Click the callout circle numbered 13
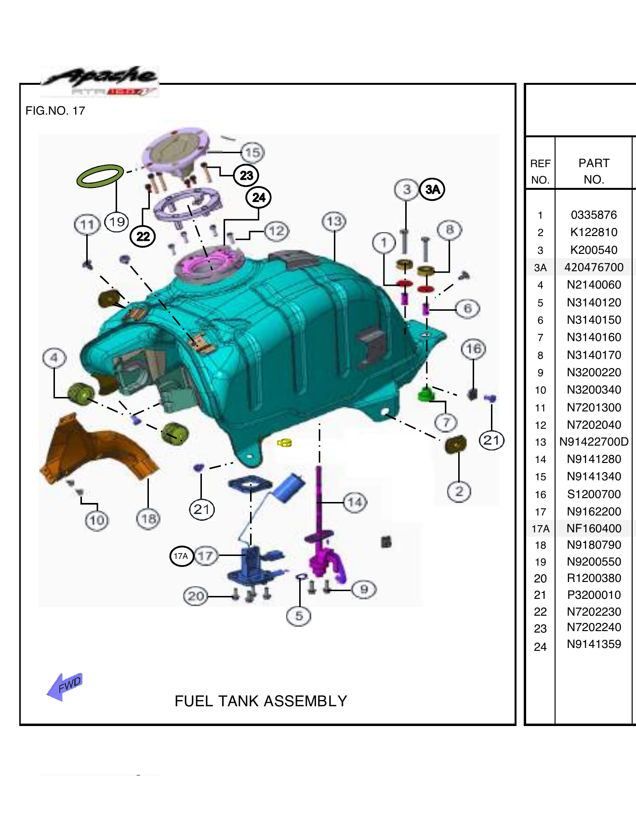[x=334, y=222]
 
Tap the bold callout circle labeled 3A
[x=432, y=189]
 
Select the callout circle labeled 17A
[x=181, y=556]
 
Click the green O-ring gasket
[x=100, y=176]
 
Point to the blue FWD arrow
[x=65, y=686]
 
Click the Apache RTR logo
[x=100, y=81]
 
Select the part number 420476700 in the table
[x=594, y=267]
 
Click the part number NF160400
[x=594, y=528]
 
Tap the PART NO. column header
[x=594, y=171]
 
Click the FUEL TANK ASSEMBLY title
[x=261, y=701]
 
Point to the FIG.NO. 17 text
[x=55, y=111]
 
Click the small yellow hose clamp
[x=284, y=443]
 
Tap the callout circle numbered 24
[x=259, y=198]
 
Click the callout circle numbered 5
[x=299, y=616]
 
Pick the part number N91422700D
[x=594, y=442]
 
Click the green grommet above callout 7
[x=424, y=395]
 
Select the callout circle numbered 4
[x=54, y=358]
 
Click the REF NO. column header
[x=540, y=172]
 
